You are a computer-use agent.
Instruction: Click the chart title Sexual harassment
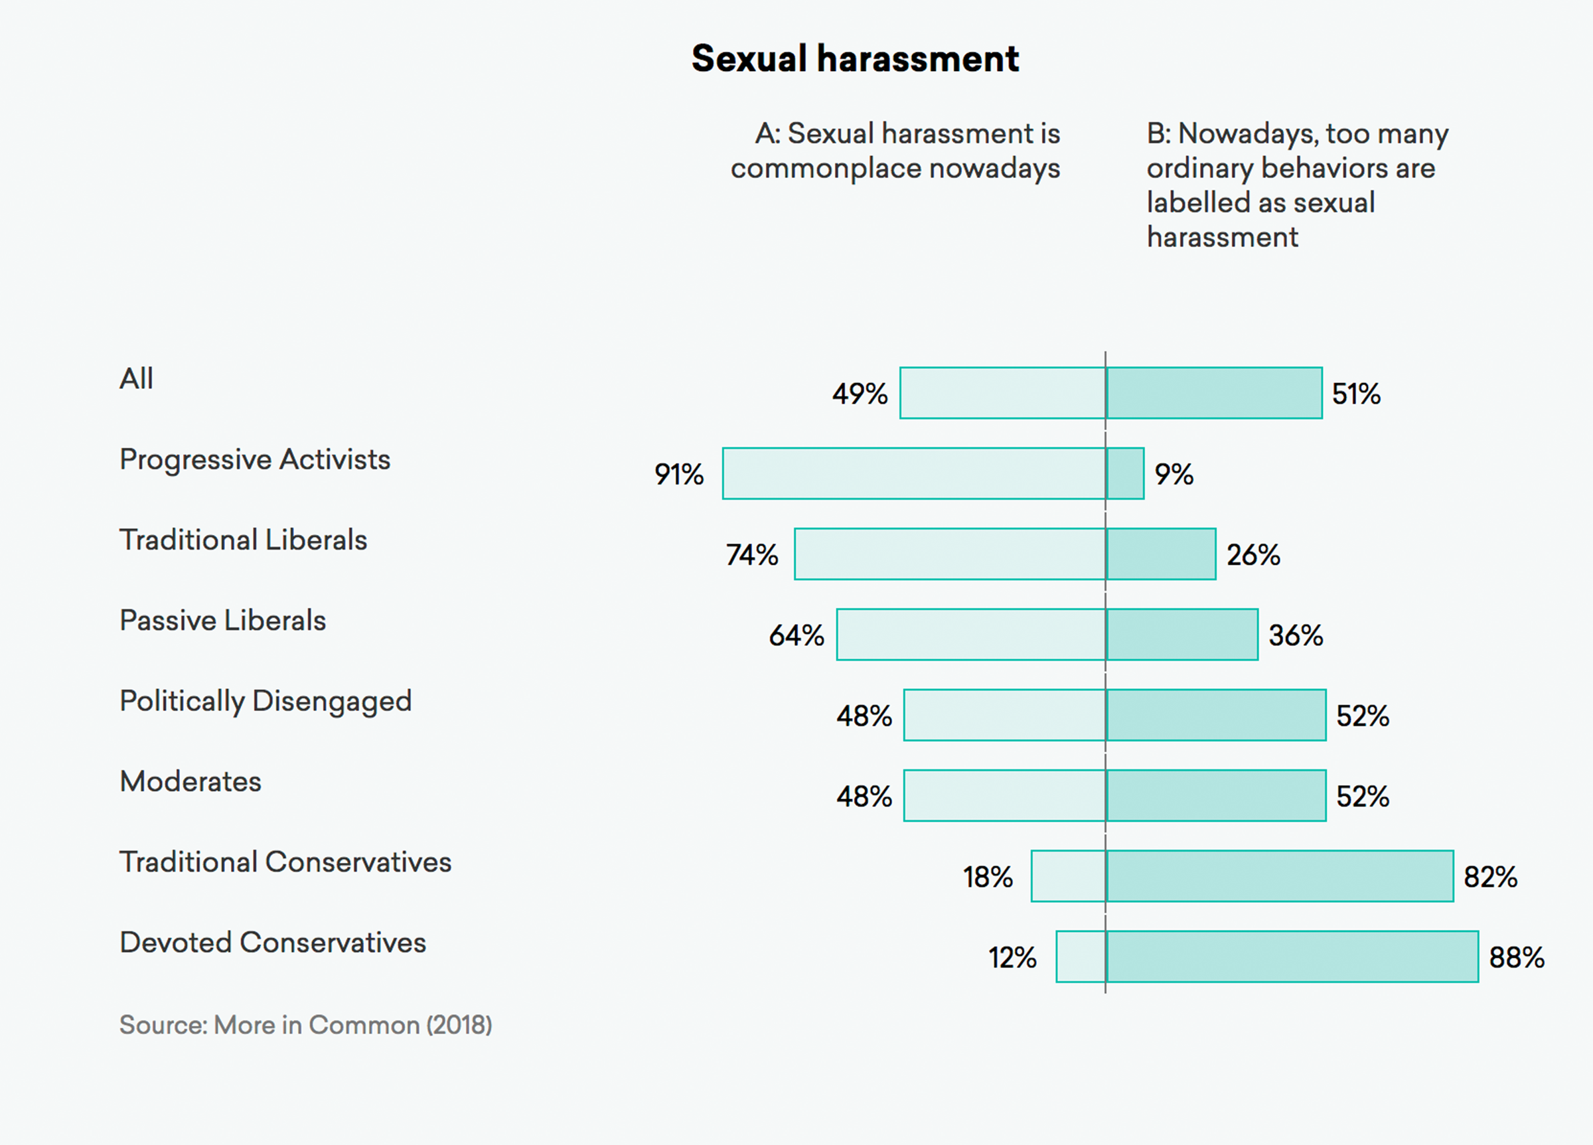(x=855, y=58)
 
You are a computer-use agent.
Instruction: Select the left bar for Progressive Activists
(x=913, y=473)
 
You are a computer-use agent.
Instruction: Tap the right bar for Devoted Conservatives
(x=1292, y=956)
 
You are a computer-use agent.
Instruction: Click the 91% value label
(x=678, y=474)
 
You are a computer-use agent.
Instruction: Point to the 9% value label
(x=1174, y=474)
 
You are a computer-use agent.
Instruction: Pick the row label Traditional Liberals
(x=243, y=540)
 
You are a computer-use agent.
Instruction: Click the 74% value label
(x=751, y=555)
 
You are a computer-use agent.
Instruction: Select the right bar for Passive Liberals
(x=1181, y=635)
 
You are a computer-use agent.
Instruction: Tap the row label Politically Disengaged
(x=265, y=701)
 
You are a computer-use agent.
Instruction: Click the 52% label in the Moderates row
(x=1362, y=797)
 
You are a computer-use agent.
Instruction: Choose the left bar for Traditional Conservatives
(x=1067, y=876)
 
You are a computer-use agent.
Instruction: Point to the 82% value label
(x=1489, y=877)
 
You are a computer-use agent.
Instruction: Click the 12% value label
(x=1012, y=957)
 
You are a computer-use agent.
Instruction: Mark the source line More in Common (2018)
(x=305, y=1025)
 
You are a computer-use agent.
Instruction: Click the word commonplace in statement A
(x=824, y=169)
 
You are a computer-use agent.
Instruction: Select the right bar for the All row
(x=1214, y=393)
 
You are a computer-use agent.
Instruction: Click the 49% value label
(x=860, y=394)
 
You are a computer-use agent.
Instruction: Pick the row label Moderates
(x=190, y=782)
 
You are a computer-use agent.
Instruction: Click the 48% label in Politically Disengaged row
(x=864, y=716)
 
